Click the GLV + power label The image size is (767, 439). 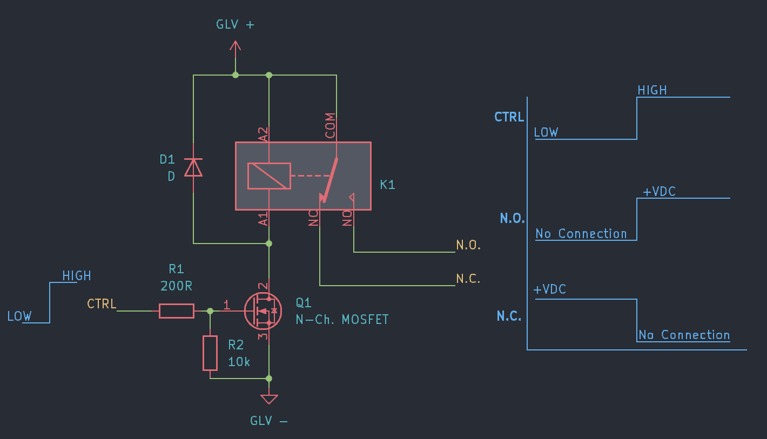point(235,25)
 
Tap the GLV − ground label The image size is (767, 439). point(268,421)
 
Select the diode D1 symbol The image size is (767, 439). point(193,167)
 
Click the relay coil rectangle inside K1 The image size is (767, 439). point(269,176)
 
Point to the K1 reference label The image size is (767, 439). point(387,185)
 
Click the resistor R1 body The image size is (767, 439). point(177,311)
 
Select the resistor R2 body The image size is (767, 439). point(210,353)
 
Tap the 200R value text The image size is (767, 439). point(176,286)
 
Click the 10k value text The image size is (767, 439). point(239,362)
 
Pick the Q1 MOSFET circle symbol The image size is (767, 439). point(263,311)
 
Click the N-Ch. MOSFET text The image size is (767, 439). point(342,319)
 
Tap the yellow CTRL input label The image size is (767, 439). point(102,304)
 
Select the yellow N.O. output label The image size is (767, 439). point(468,245)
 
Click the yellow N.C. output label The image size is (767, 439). point(468,279)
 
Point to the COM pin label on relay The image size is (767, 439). point(330,125)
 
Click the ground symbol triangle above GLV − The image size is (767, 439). point(269,399)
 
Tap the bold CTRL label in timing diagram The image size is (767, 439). point(509,117)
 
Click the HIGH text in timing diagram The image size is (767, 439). point(652,90)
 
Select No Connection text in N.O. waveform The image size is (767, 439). point(581,234)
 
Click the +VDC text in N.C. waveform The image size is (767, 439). point(549,289)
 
